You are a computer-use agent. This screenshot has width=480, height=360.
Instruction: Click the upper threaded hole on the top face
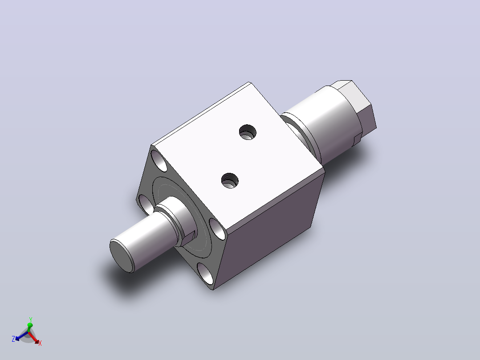pyautogui.click(x=248, y=132)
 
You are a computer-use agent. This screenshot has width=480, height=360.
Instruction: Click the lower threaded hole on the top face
pyautogui.click(x=230, y=180)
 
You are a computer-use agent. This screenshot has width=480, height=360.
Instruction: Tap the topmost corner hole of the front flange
pyautogui.click(x=159, y=160)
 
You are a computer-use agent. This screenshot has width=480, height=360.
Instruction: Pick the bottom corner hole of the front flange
pyautogui.click(x=205, y=273)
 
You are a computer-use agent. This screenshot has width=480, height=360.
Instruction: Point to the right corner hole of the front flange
pyautogui.click(x=218, y=228)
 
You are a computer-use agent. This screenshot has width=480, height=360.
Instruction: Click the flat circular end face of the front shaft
pyautogui.click(x=122, y=256)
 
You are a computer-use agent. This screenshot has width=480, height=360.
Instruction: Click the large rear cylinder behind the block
pyautogui.click(x=328, y=123)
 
